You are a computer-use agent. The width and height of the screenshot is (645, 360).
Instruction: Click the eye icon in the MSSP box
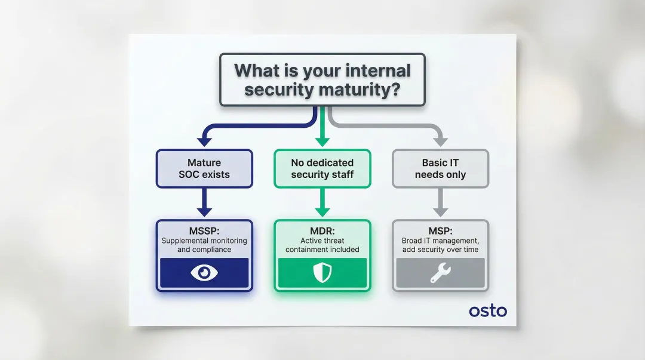tap(204, 273)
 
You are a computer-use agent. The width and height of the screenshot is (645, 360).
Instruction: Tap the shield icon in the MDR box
tap(322, 273)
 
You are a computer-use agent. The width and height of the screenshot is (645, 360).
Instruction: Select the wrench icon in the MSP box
tap(440, 273)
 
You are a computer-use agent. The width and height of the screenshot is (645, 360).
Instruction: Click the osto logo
tap(488, 310)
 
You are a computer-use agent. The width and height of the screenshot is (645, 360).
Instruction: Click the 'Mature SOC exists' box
tap(204, 168)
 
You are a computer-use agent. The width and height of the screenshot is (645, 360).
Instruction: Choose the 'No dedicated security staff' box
tap(322, 168)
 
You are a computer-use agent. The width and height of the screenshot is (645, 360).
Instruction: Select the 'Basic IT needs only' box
tap(440, 168)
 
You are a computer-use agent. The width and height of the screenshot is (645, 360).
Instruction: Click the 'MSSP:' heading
tap(204, 231)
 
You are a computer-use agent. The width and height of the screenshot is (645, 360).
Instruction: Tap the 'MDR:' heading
tap(322, 231)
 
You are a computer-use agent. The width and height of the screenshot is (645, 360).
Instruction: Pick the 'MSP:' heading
tap(440, 231)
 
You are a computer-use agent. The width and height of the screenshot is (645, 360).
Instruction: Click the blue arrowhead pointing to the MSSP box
tap(204, 211)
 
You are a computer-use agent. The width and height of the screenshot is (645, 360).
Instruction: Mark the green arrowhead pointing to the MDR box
tap(322, 211)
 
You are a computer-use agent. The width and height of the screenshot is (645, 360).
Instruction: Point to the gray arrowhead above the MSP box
tap(440, 211)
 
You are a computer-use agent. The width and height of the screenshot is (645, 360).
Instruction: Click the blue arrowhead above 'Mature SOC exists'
tap(204, 141)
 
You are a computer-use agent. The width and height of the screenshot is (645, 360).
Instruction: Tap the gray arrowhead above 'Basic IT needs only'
tap(440, 141)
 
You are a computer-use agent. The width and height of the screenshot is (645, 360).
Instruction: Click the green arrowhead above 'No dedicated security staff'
tap(322, 141)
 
